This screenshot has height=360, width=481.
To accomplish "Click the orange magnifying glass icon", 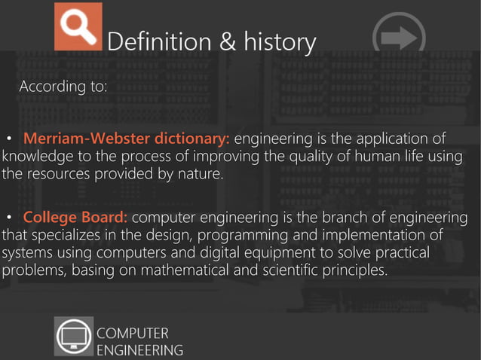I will click(x=78, y=26).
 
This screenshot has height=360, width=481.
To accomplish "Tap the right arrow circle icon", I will click(x=399, y=36).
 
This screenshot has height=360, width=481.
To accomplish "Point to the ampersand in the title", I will click(x=228, y=42).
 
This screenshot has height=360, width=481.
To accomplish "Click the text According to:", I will click(x=63, y=87).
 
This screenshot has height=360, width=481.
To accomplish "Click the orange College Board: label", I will click(x=75, y=218).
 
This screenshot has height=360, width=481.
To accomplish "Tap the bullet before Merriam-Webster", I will click(x=10, y=140).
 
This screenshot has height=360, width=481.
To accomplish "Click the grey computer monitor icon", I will click(x=74, y=336).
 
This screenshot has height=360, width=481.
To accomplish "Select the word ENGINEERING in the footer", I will click(x=140, y=349).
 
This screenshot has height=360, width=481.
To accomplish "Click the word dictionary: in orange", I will click(x=193, y=139).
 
